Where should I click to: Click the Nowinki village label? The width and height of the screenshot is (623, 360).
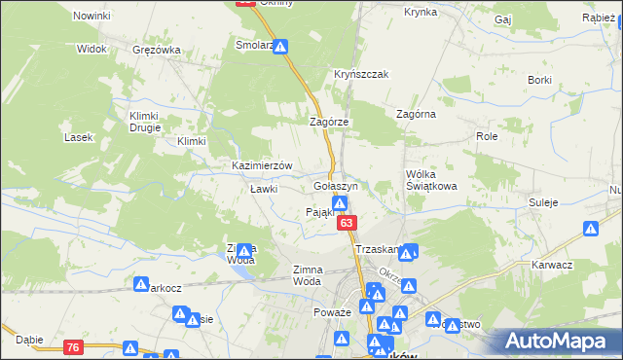click(92, 17)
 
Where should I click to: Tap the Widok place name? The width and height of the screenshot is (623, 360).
click(92, 48)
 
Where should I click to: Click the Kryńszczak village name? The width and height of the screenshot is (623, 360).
click(361, 74)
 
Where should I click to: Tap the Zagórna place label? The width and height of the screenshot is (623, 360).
click(416, 114)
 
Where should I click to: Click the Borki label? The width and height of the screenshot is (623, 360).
click(540, 79)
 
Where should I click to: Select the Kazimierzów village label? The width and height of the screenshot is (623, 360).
click(262, 165)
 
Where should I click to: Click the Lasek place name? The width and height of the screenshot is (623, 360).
click(78, 137)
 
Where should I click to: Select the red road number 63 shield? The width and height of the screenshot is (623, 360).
click(347, 224)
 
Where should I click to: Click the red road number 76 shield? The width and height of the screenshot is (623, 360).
click(74, 346)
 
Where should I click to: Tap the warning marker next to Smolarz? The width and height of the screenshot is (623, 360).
click(280, 46)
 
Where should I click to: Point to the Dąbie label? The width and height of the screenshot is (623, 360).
click(29, 340)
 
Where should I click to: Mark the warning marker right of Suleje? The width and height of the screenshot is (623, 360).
click(591, 230)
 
